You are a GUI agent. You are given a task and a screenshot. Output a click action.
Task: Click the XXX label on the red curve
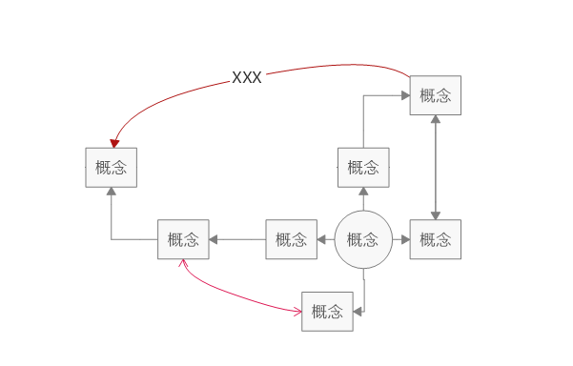pos(247,78)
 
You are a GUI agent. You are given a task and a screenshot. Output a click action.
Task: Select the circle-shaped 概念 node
pos(363,239)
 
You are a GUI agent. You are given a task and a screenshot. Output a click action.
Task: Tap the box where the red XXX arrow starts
pos(436,95)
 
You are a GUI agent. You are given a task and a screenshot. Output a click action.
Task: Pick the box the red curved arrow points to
pos(111,168)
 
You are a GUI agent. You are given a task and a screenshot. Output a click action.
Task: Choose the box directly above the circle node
pos(363,168)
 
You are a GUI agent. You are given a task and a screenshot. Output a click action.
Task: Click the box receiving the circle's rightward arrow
pos(436,239)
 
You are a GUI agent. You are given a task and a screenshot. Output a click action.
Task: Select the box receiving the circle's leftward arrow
pos(291,239)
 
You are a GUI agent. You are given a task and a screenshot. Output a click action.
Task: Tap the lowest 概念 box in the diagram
pos(327,312)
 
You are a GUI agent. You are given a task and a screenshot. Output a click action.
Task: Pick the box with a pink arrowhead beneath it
pos(183,239)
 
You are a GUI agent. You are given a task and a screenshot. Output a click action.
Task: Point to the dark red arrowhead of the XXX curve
pos(114,143)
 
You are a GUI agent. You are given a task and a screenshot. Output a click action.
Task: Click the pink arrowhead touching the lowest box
pos(297,311)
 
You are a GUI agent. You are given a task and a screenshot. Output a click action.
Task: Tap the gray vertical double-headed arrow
pos(436,168)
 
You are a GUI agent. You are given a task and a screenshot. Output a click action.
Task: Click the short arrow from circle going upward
pos(363,199)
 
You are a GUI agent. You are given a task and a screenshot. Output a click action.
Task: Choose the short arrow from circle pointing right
pos(400,239)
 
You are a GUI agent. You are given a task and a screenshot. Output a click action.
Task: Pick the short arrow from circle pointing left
pos(326,239)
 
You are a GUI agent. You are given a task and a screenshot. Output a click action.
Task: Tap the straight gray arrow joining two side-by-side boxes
pos(236,239)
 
